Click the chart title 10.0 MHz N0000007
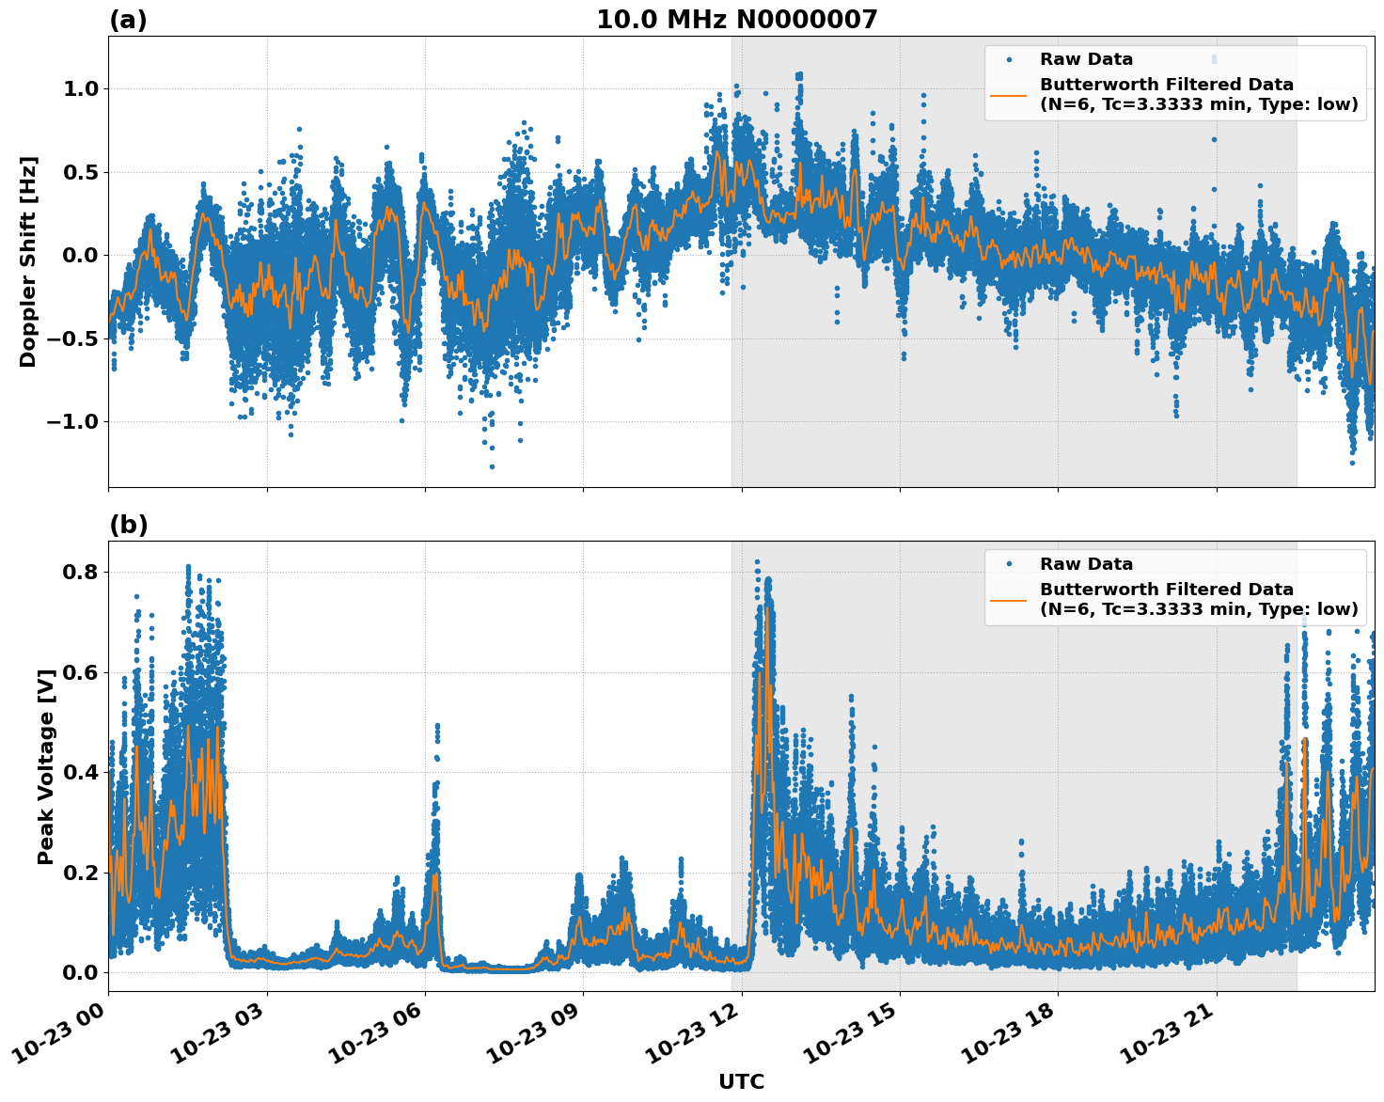click(x=736, y=20)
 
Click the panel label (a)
click(x=128, y=20)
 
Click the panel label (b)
click(x=128, y=525)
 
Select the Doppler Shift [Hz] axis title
click(x=28, y=261)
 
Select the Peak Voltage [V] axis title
click(x=46, y=766)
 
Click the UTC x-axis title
click(x=741, y=1081)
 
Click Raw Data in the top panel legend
click(x=1086, y=59)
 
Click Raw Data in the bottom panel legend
click(x=1086, y=564)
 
